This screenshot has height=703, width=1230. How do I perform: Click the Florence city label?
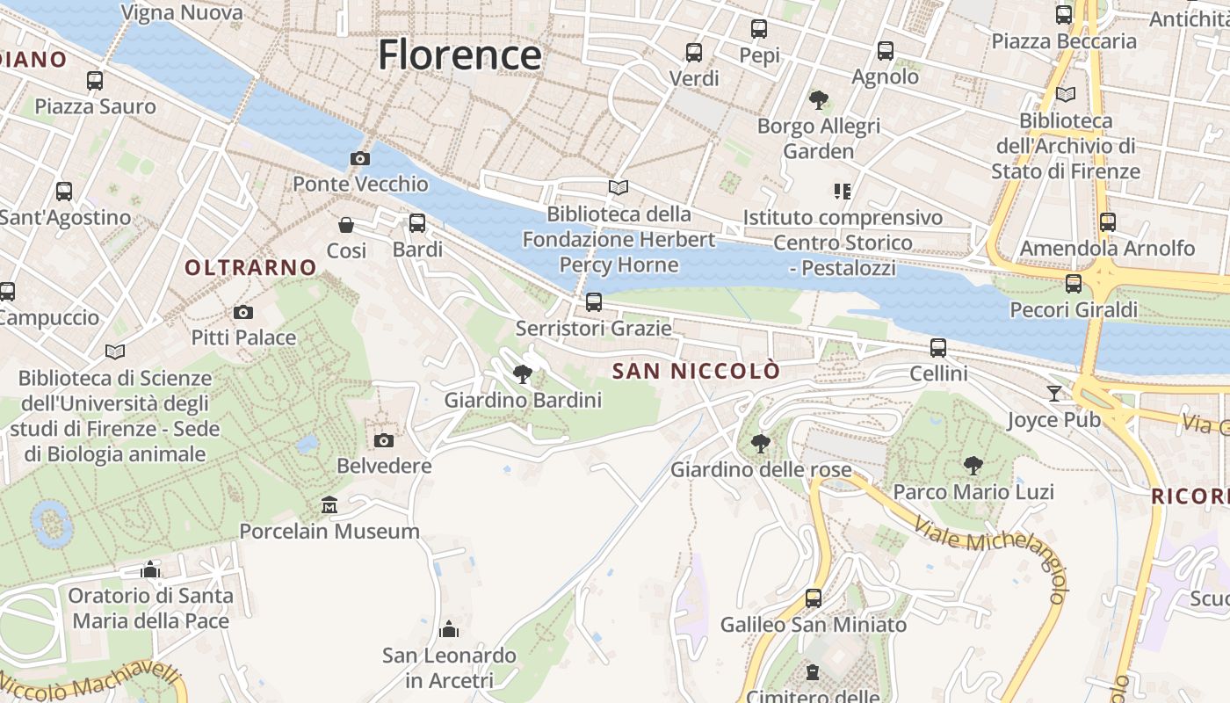[x=459, y=55]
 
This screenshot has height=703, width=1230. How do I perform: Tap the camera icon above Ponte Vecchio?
[x=359, y=159]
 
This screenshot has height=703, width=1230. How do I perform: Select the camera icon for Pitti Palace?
[x=243, y=313]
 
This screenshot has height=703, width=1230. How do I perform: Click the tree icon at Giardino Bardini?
[x=523, y=374]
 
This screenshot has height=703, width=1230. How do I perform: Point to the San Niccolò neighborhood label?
[x=696, y=371]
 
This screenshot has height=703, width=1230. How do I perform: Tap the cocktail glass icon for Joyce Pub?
[x=1054, y=393]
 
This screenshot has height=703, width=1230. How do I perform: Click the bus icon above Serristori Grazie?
[x=594, y=303]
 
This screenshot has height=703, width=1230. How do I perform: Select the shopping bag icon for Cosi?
[x=346, y=225]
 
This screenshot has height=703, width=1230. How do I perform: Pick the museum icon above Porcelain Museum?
[x=329, y=505]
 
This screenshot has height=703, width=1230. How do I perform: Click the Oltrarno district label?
[x=250, y=267]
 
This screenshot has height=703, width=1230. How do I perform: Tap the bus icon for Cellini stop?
[x=938, y=348]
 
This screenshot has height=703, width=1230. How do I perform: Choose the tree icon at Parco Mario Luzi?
[x=973, y=466]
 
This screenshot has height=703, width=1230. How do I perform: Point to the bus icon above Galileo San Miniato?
[x=814, y=598]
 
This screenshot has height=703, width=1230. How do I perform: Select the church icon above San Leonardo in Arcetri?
[x=449, y=629]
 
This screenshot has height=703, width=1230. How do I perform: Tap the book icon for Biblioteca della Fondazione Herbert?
[x=619, y=188]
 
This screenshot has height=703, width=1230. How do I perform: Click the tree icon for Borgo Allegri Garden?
[x=819, y=100]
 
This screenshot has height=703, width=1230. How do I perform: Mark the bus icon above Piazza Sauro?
[x=95, y=81]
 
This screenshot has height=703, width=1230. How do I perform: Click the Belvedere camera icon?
[x=384, y=440]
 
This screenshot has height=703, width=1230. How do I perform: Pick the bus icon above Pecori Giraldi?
[x=1073, y=284]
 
